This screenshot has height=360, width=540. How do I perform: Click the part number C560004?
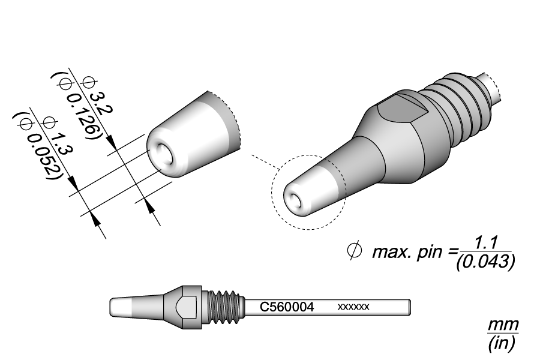pos(287,307)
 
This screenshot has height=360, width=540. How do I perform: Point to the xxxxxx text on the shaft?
pos(353,307)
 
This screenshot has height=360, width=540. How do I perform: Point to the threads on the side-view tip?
pos(227,307)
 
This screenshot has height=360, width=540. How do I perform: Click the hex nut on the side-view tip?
pos(187,307)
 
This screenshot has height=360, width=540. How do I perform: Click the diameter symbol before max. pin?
pos(354,250)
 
